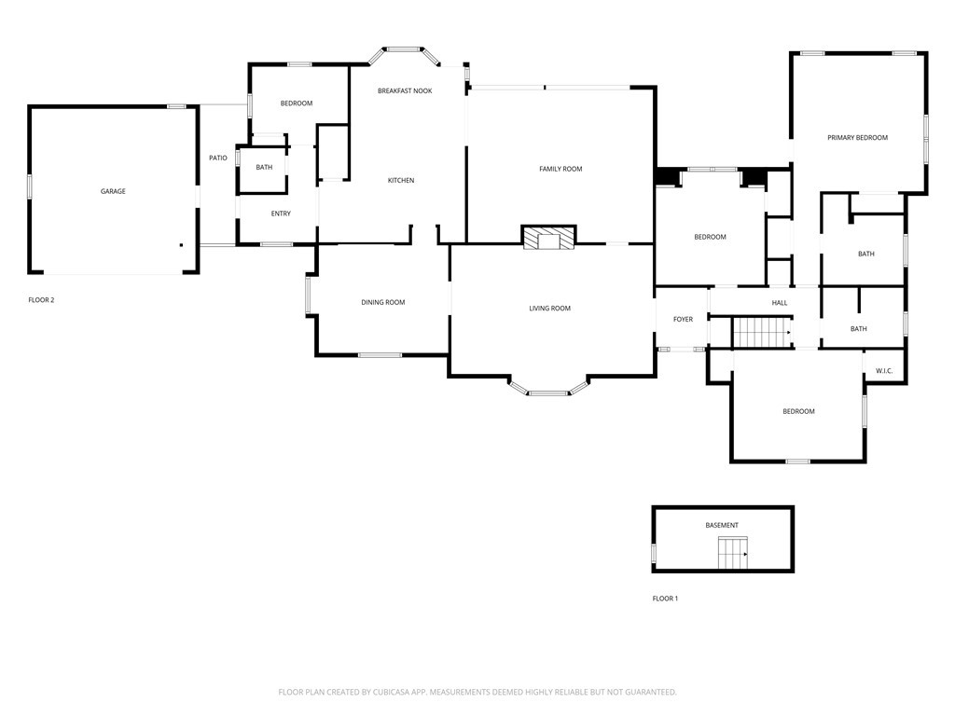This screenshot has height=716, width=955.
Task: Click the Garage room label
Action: coord(113,191)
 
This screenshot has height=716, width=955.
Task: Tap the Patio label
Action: coord(217,158)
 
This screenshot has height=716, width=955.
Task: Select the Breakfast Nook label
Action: coord(405,90)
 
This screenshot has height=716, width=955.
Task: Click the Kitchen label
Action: coord(401,180)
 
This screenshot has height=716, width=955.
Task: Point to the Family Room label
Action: coord(561,169)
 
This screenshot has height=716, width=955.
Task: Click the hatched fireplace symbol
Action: coord(548,240)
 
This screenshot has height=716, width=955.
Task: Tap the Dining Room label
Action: coord(383,302)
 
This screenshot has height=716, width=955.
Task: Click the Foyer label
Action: coord(683,319)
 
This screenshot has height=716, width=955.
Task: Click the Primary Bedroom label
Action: coord(857,137)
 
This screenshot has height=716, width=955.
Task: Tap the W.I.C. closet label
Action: coord(884,371)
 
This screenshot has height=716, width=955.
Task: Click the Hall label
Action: coord(780,302)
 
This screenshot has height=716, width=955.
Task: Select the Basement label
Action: coord(722,525)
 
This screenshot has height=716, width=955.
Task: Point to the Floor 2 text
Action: coord(41,300)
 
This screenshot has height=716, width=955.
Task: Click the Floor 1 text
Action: coord(665,599)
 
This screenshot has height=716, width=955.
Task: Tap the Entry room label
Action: coord(281,213)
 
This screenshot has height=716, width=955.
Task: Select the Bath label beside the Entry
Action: coord(264,167)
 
